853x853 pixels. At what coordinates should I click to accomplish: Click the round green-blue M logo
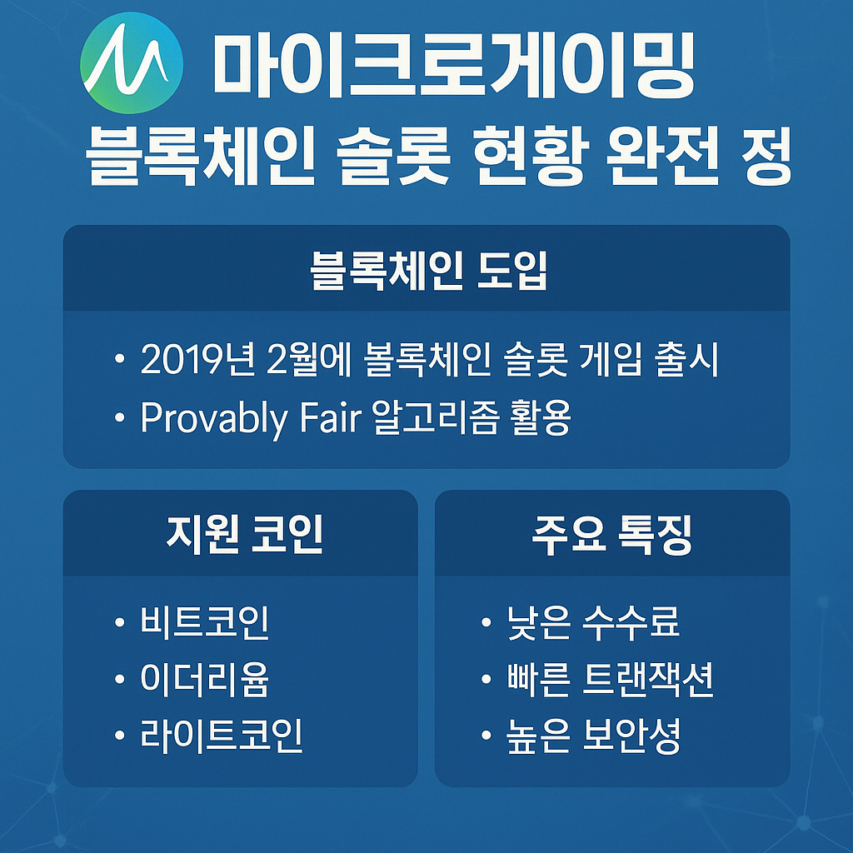[x=131, y=63]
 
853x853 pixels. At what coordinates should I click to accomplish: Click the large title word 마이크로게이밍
[x=454, y=64]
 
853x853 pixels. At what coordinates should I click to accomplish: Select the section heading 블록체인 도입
[x=428, y=271]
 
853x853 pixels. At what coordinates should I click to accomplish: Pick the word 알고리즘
[x=435, y=417]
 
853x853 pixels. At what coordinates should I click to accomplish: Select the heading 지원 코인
[x=245, y=534]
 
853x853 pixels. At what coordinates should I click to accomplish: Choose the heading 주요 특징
[x=611, y=535]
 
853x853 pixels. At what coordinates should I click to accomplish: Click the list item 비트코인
[x=205, y=621]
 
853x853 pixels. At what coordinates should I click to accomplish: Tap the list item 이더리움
[x=205, y=679]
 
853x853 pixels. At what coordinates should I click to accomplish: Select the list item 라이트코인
[x=222, y=736]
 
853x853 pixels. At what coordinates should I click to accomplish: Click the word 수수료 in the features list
[x=631, y=621]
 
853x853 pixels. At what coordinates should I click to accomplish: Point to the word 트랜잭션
[x=647, y=679]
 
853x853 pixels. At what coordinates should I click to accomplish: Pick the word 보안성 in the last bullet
[x=631, y=736]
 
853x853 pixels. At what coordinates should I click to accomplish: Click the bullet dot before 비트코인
[x=120, y=622]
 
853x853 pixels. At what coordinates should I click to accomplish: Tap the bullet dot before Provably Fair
[x=120, y=418]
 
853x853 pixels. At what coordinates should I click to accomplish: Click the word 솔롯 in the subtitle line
[x=393, y=157]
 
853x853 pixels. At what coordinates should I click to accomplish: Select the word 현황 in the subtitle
[x=531, y=157]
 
